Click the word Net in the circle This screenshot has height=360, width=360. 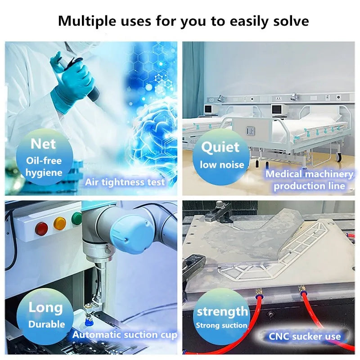coord(43,144)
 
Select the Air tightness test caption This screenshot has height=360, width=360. coord(125,182)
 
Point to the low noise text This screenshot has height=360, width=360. coord(221,165)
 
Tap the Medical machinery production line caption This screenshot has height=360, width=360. coord(310,180)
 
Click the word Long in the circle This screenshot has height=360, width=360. coord(45,308)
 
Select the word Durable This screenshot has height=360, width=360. coord(47,324)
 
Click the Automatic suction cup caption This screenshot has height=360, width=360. coord(125,335)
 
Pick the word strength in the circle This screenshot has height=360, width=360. coord(222,311)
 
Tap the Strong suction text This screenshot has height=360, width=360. coord(222,325)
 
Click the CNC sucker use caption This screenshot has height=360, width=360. coord(305,336)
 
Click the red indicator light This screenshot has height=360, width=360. coord(42,228)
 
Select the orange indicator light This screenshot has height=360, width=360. coord(60,223)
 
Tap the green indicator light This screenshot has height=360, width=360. coord(77,219)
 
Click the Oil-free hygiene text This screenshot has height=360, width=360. coord(44,166)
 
